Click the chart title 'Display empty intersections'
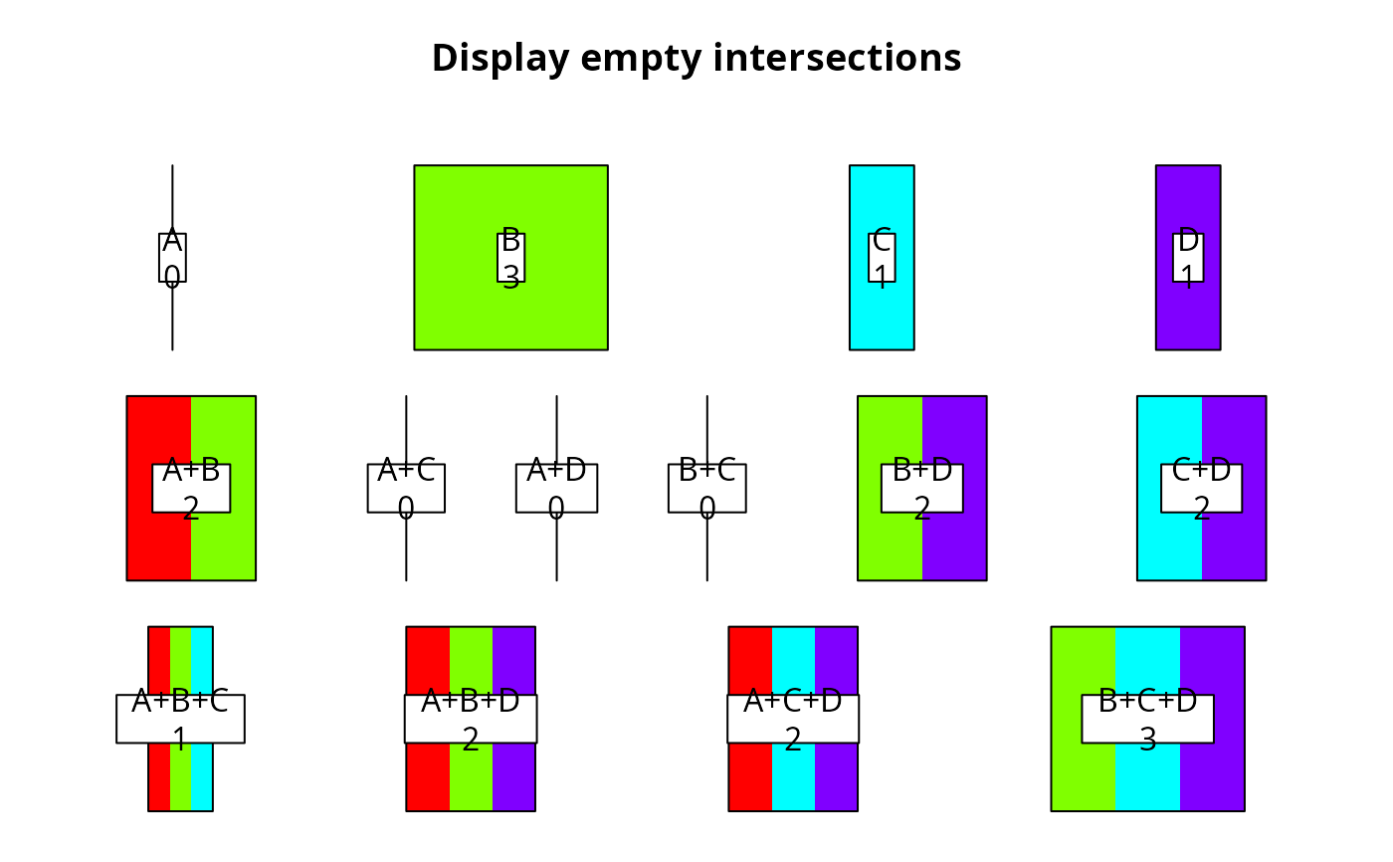pos(696,58)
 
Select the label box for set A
pos(172,258)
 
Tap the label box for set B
pos(510,258)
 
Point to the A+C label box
pos(406,489)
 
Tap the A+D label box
pos(556,489)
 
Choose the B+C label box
pos(706,489)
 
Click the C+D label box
pos(1201,489)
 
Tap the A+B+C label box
pos(180,719)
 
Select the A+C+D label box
pos(793,719)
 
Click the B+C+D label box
pos(1147,719)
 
